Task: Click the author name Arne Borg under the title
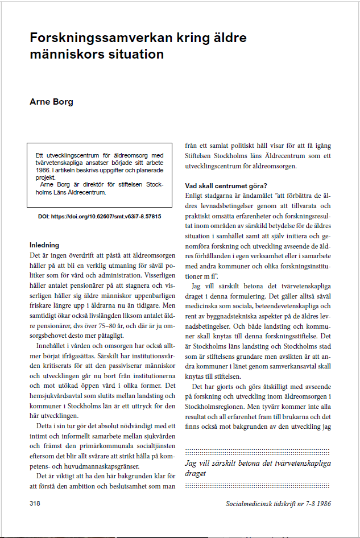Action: [51, 102]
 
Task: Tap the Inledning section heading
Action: [44, 245]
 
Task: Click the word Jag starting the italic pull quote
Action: [192, 463]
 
